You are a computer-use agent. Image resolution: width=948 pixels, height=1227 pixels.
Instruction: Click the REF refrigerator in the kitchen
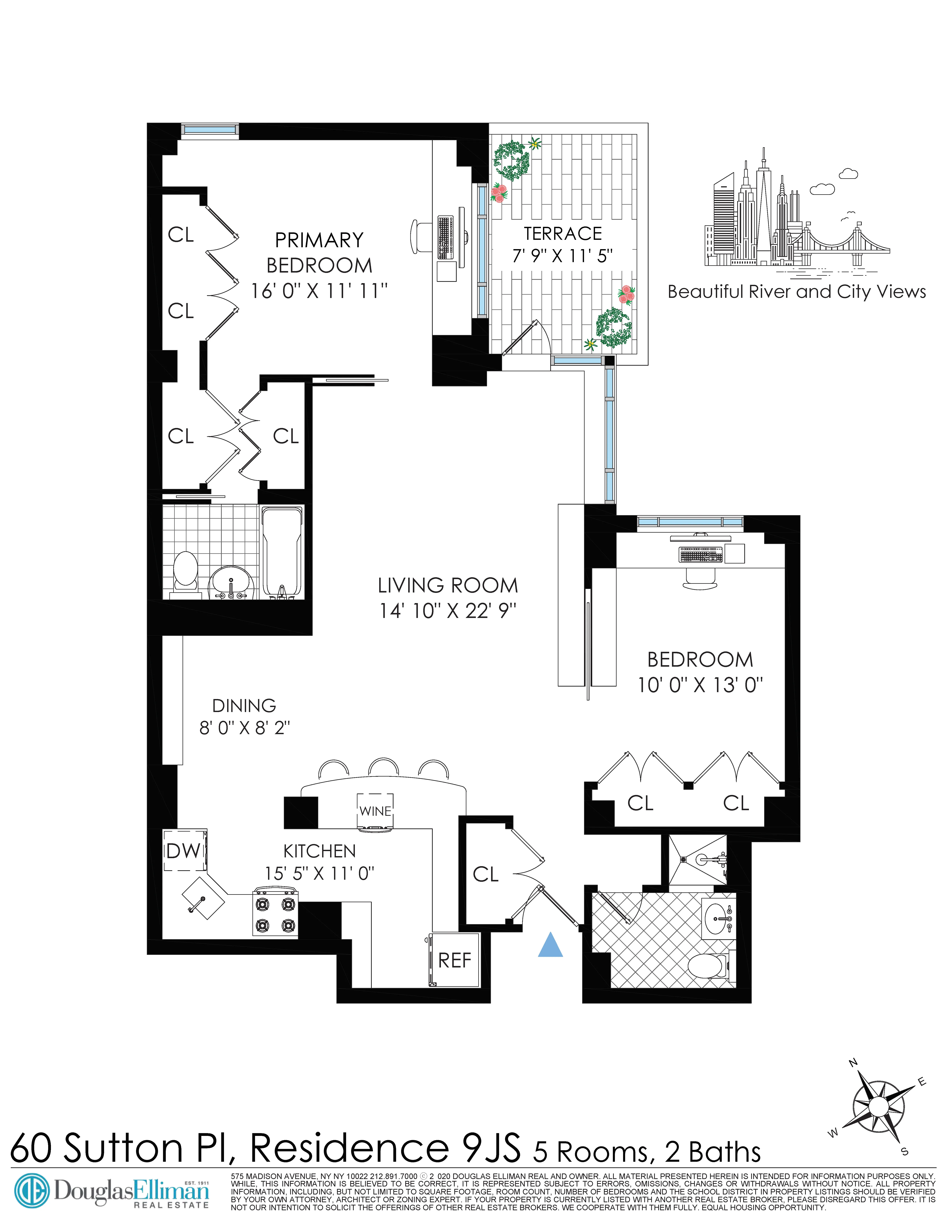click(x=454, y=960)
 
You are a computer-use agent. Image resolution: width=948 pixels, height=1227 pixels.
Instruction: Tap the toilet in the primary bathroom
click(x=185, y=570)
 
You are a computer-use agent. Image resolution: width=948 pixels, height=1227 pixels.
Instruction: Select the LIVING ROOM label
click(x=448, y=585)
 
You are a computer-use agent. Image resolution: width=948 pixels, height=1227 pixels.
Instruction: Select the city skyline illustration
click(x=796, y=219)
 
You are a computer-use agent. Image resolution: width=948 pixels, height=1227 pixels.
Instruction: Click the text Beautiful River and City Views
click(x=796, y=292)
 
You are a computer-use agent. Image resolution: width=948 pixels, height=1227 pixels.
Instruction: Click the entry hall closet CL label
click(x=485, y=874)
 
